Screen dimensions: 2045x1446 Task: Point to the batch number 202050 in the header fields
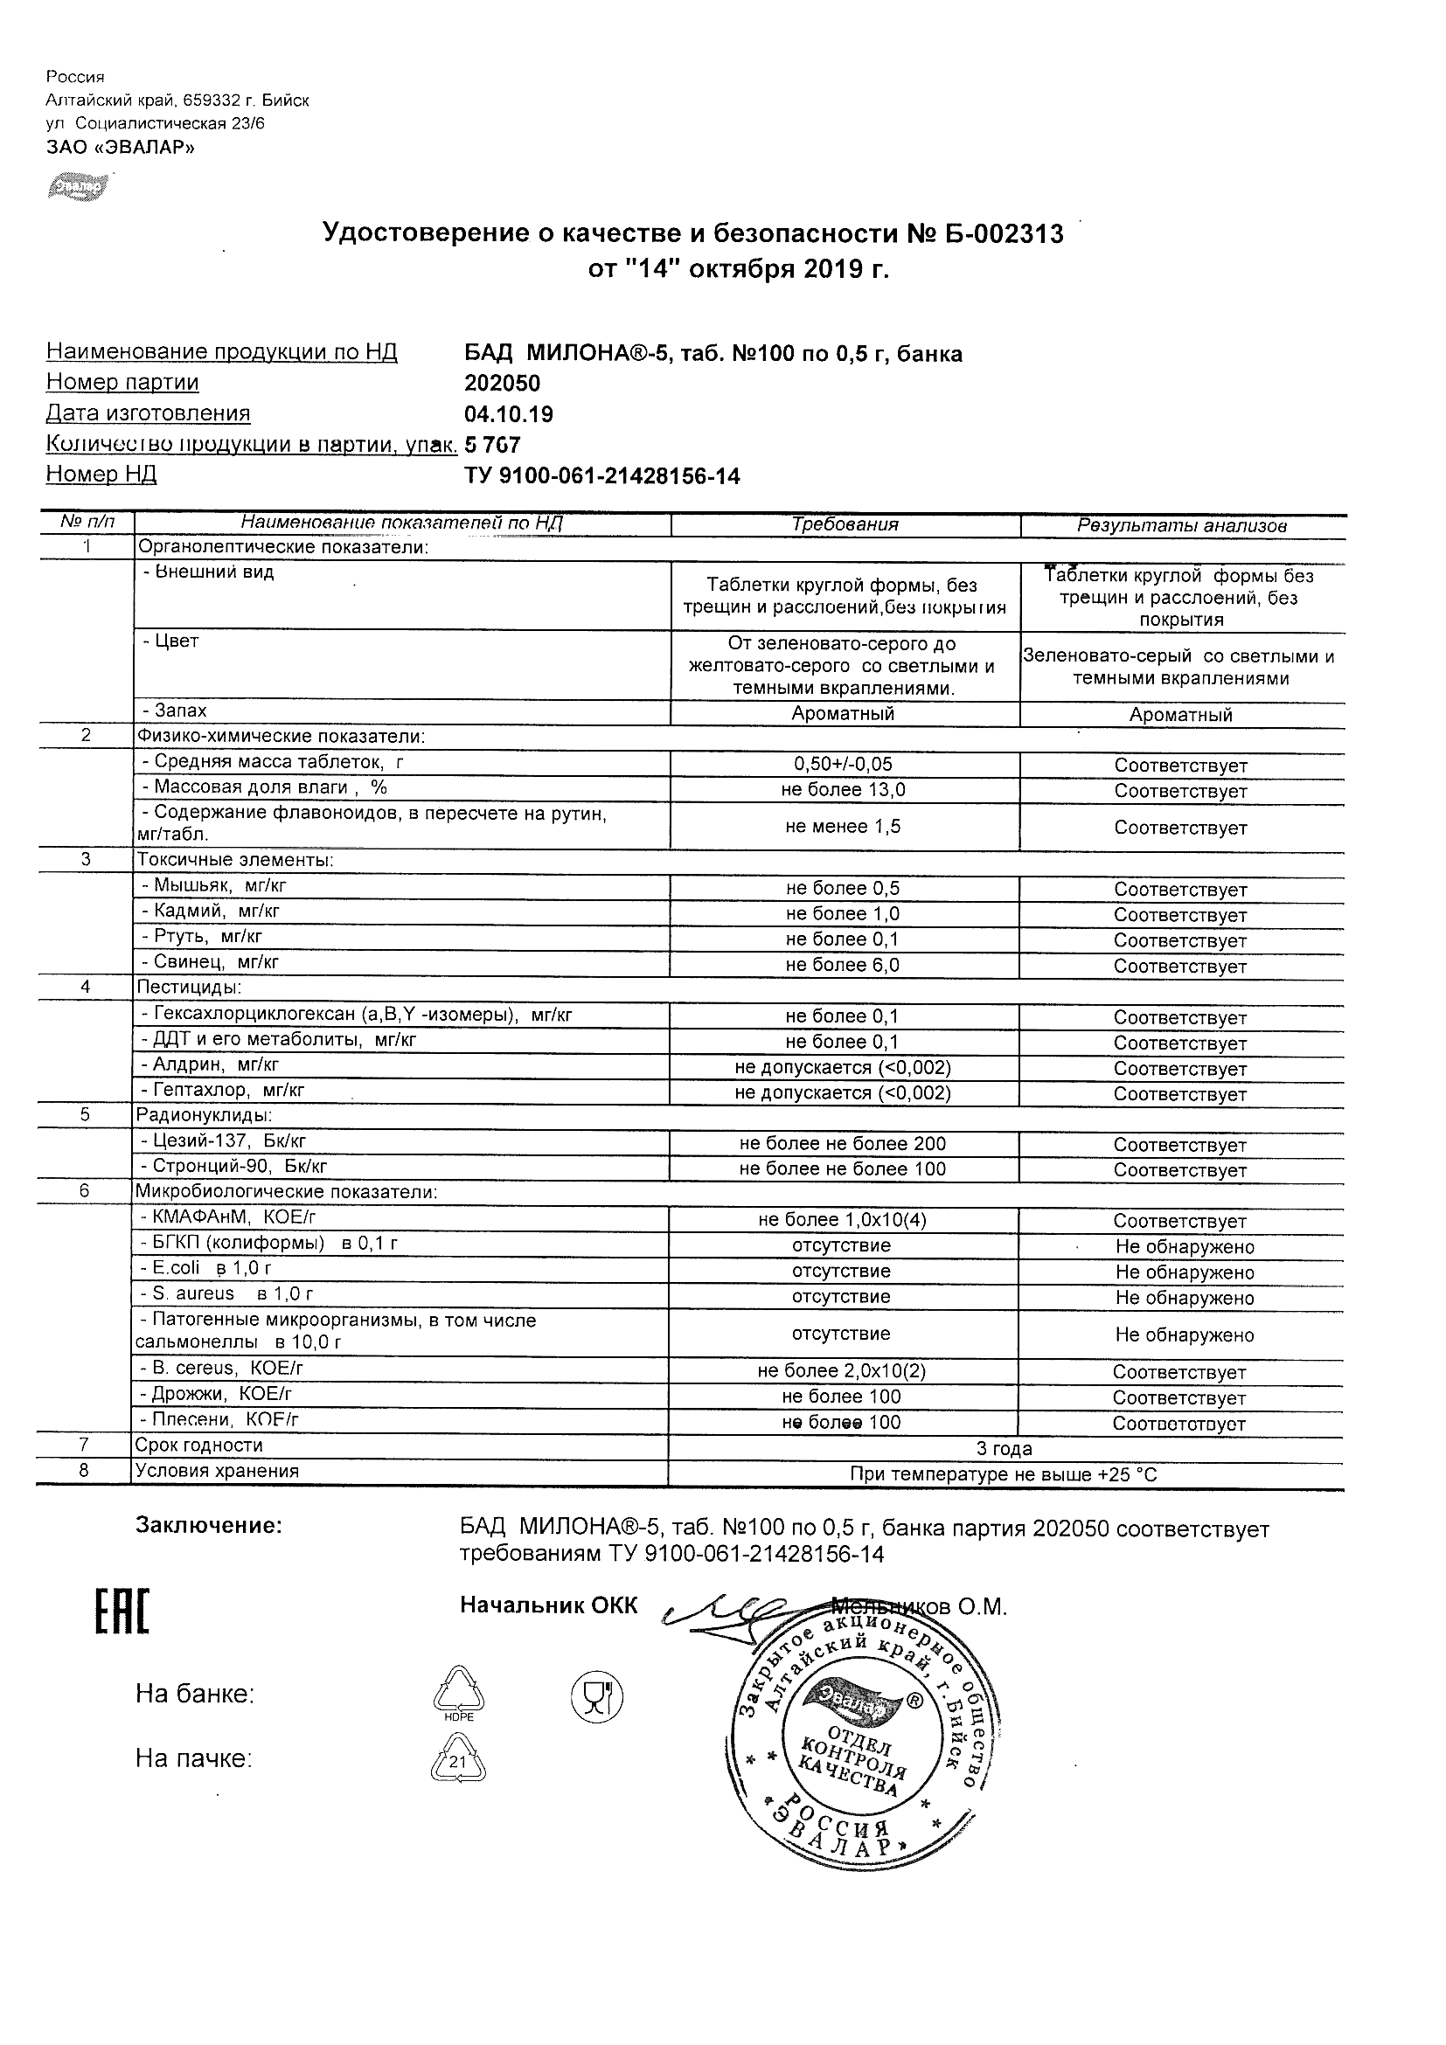point(503,383)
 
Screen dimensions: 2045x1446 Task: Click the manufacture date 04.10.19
point(509,414)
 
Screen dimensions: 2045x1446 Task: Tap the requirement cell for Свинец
point(843,965)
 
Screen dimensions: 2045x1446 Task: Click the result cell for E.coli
point(1184,1272)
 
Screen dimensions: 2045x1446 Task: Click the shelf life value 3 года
point(1005,1449)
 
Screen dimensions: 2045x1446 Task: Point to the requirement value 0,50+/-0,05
point(843,764)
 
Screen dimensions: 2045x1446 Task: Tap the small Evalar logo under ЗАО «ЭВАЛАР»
point(79,187)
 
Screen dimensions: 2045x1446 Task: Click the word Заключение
point(208,1526)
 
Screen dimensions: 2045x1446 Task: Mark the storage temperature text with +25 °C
point(1005,1475)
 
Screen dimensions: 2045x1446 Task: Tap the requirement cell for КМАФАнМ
point(843,1220)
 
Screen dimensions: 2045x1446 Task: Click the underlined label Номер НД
point(101,475)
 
